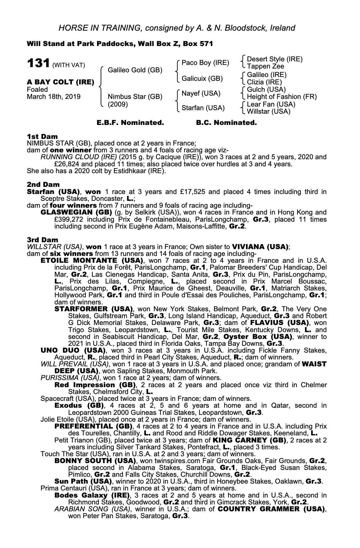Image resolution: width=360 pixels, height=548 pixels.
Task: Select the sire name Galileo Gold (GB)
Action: [x=135, y=70]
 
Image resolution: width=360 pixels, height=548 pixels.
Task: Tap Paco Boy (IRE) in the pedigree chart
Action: [x=205, y=63]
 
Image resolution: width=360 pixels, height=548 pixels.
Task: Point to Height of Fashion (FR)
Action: [x=282, y=97]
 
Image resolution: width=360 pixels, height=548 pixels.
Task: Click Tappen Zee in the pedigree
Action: [x=265, y=66]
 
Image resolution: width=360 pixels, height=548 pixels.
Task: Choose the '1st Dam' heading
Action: [x=42, y=136]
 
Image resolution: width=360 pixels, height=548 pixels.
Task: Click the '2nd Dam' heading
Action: [x=43, y=185]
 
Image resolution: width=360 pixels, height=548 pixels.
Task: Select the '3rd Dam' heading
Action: [x=43, y=240]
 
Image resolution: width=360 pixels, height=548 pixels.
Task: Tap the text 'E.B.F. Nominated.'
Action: [x=130, y=123]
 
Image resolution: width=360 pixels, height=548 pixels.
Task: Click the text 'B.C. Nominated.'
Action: [x=226, y=123]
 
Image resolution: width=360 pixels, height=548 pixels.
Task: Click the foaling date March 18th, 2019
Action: [x=54, y=97]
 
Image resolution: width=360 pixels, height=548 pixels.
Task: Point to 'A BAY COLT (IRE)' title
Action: [x=61, y=82]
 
